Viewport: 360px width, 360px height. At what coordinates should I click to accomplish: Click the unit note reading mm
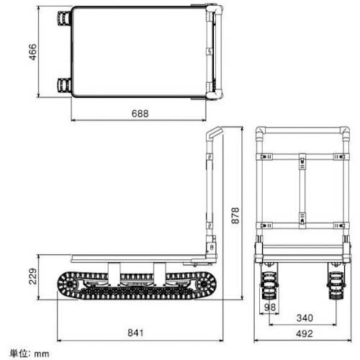27,354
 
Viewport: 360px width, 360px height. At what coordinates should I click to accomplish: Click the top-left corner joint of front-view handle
261,134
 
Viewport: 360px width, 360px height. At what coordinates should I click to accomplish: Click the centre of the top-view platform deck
138,52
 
